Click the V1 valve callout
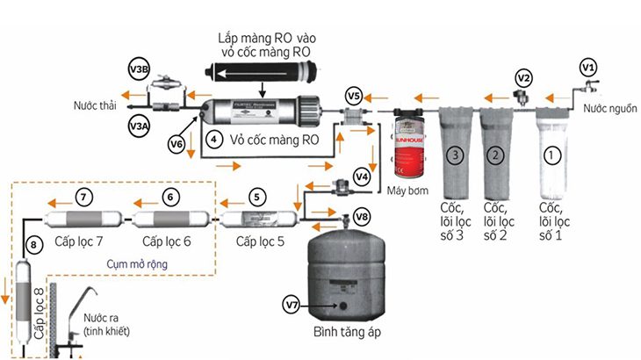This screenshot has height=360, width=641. [589, 66]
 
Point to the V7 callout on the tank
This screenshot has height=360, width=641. [292, 304]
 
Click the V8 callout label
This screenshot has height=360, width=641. [362, 216]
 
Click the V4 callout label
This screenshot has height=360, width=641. [362, 175]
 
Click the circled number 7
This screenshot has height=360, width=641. [84, 197]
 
